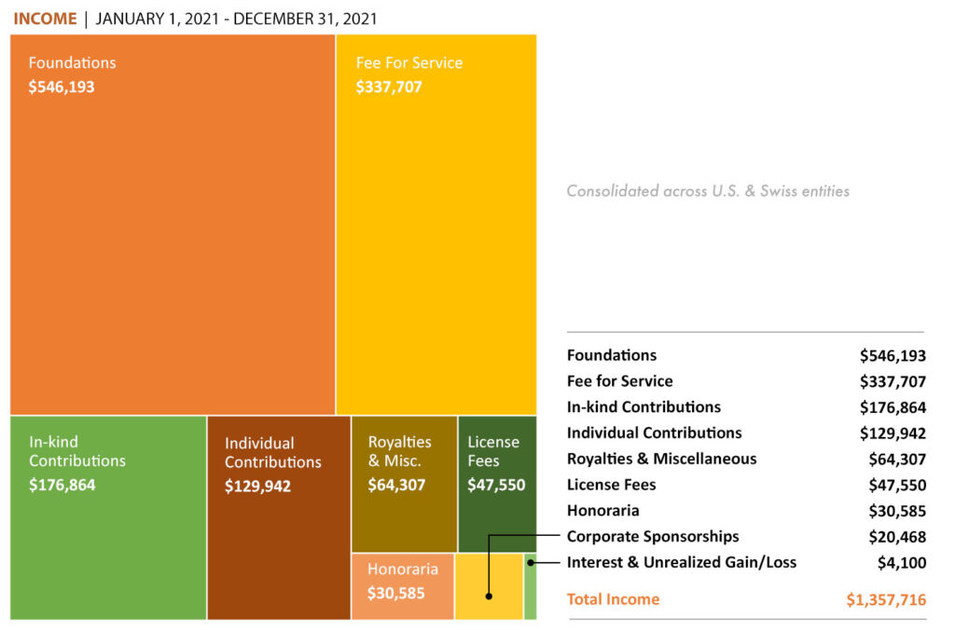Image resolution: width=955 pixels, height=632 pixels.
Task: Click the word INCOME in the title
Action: (x=45, y=19)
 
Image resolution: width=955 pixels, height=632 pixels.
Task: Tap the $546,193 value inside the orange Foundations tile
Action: (x=62, y=87)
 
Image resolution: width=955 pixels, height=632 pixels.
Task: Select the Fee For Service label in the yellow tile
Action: (x=408, y=63)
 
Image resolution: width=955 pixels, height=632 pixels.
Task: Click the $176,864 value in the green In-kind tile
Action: (x=62, y=485)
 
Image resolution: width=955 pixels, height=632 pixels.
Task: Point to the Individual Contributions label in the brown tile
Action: (x=272, y=452)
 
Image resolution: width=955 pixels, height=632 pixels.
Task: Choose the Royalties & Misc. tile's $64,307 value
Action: (x=396, y=485)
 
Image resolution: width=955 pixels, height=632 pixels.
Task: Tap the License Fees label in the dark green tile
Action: (x=493, y=451)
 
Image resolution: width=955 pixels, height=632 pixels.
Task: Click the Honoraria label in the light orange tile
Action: (x=402, y=569)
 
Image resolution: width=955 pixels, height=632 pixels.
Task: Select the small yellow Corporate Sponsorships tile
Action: (x=489, y=585)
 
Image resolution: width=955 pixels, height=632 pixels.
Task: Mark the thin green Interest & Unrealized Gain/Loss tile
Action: (x=530, y=585)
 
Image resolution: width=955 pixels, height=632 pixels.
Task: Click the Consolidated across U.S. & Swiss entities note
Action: (x=708, y=191)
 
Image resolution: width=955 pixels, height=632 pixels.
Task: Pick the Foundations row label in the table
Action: (x=612, y=355)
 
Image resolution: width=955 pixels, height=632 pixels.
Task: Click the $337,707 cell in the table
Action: (x=893, y=381)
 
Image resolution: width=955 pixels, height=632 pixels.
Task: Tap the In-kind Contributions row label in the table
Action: (x=644, y=407)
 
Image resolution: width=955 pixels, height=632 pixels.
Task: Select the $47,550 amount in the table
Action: (x=897, y=485)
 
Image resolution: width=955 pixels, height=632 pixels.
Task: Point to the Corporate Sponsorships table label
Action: (x=653, y=536)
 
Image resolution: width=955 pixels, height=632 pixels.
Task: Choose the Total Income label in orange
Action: (x=613, y=599)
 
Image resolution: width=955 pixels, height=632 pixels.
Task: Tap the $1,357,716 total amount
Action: (x=886, y=599)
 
